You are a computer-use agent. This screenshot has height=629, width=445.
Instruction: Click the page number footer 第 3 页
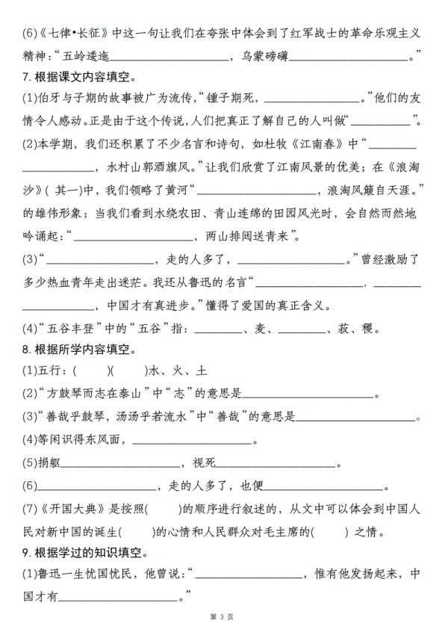click(222, 616)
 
